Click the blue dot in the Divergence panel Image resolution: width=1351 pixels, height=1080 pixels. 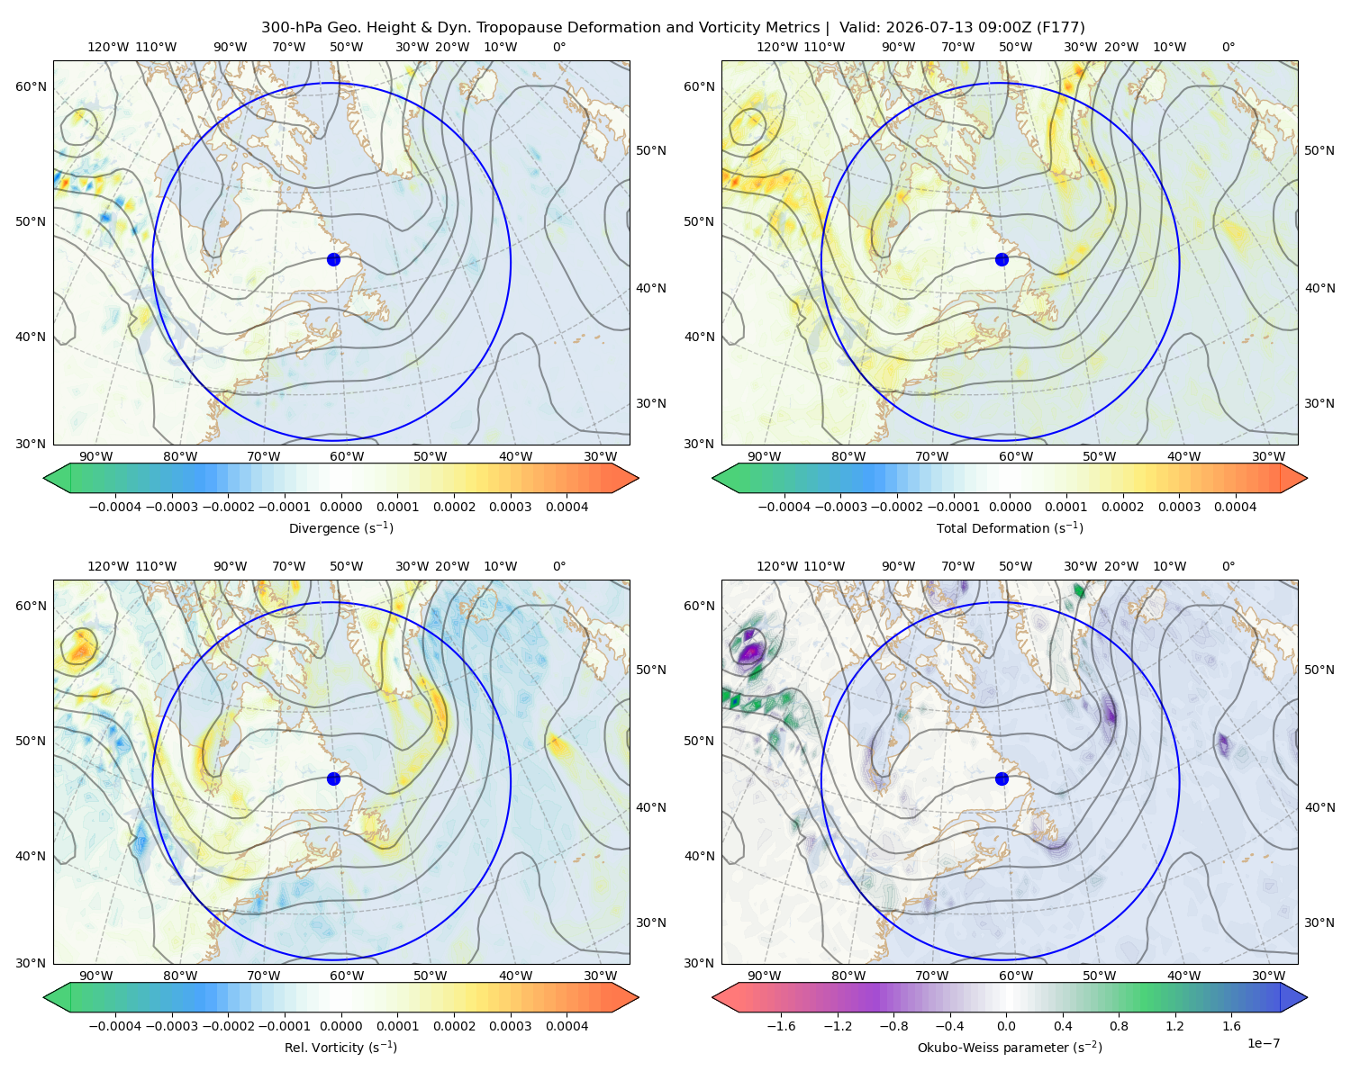click(x=333, y=260)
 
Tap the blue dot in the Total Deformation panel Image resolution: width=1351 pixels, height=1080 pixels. click(x=1002, y=260)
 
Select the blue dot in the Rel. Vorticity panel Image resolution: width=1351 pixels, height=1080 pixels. click(x=333, y=778)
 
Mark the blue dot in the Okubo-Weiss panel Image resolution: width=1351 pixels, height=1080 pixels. click(x=1002, y=778)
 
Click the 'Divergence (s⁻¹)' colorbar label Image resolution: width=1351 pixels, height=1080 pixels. click(x=340, y=527)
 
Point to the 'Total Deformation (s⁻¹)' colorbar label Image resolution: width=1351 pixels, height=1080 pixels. click(x=1010, y=527)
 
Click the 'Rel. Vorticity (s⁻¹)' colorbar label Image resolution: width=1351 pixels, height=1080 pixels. click(x=340, y=1047)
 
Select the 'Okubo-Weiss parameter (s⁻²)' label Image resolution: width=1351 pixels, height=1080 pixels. click(x=1010, y=1047)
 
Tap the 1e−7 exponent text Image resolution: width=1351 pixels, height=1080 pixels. click(x=1263, y=1043)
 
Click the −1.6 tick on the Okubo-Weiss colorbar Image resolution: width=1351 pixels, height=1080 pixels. click(x=781, y=1025)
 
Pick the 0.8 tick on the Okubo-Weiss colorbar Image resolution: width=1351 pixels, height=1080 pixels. click(x=1119, y=1025)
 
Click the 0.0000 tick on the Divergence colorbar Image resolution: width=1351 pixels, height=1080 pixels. click(x=340, y=507)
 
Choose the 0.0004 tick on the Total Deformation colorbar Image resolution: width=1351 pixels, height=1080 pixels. click(x=1235, y=507)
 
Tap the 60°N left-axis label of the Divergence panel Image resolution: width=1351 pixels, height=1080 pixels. click(x=31, y=86)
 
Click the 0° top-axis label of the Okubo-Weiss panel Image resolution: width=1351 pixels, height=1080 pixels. click(x=1228, y=566)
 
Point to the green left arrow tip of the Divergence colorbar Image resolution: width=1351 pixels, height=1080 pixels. click(x=44, y=478)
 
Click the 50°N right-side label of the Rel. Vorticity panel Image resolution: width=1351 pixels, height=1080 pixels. click(x=651, y=670)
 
